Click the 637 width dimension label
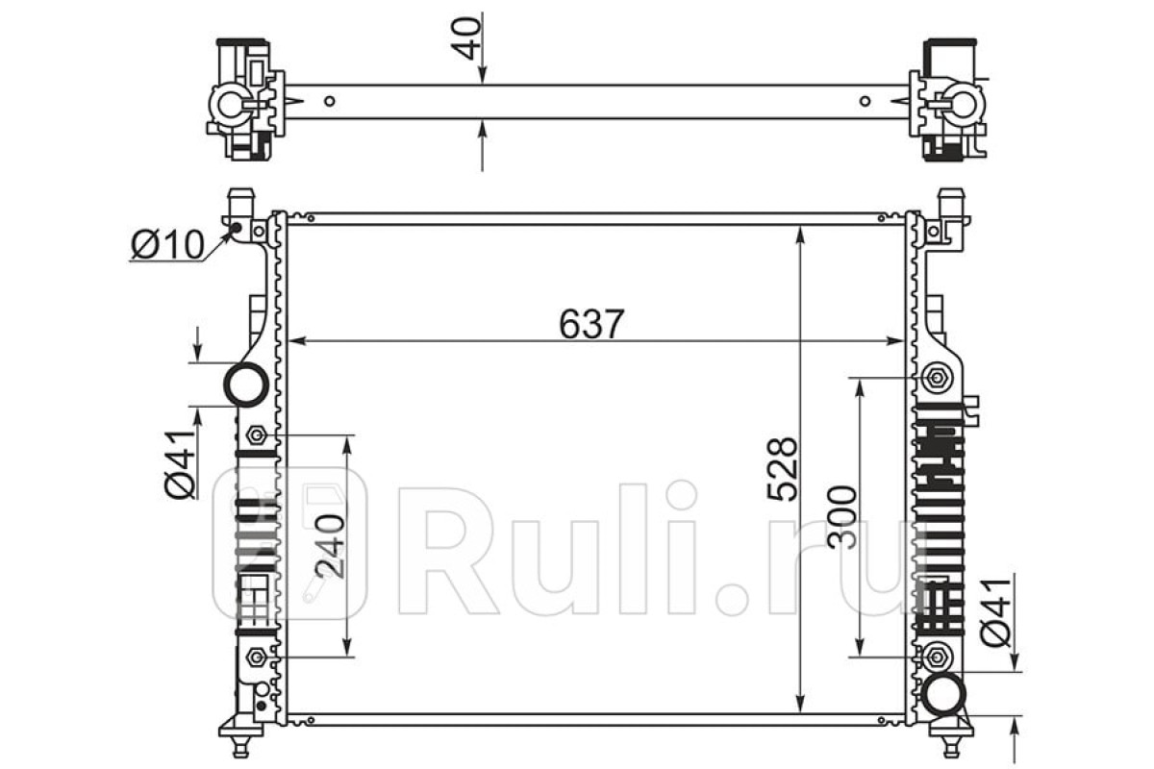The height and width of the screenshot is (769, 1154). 591,324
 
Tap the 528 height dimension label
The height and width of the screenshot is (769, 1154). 782,469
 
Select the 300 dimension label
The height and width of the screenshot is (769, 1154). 841,518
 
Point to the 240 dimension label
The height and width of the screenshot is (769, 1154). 330,547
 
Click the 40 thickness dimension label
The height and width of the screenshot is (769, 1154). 466,38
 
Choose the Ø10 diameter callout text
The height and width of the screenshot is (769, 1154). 168,245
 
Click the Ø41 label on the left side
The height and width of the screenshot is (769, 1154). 180,464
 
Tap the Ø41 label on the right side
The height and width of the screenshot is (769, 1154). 995,613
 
